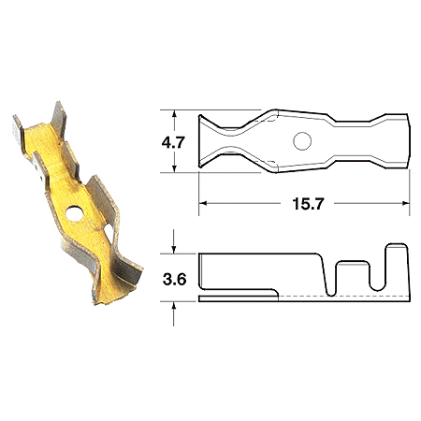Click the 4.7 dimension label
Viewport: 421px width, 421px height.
[173, 142]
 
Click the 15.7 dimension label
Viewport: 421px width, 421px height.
[308, 204]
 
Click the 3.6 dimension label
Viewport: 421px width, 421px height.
[174, 279]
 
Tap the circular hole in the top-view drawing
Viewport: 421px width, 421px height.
[302, 141]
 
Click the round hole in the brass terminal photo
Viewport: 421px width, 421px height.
[75, 213]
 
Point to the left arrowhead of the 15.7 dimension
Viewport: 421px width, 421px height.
[203, 204]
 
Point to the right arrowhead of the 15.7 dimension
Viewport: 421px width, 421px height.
[405, 204]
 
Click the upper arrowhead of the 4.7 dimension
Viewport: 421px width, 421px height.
[174, 114]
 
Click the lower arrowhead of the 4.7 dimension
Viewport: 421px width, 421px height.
[174, 167]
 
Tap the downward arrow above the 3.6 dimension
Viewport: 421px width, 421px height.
[174, 242]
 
